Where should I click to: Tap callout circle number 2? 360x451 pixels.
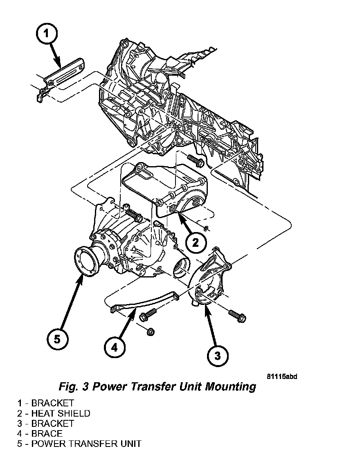pos(196,242)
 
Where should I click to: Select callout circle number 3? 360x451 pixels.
pos(217,355)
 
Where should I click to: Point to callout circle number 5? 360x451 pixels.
pos(57,338)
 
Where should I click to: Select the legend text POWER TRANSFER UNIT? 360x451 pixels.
pos(86,444)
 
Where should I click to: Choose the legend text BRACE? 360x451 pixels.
pos(47,433)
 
